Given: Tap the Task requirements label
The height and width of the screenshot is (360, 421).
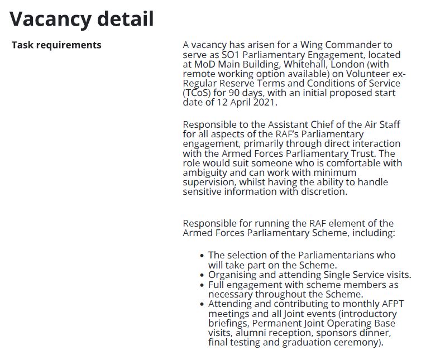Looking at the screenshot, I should pyautogui.click(x=56, y=45).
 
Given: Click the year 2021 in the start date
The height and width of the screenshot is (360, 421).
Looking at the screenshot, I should pyautogui.click(x=265, y=103).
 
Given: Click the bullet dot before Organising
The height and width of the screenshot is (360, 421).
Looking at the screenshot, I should pyautogui.click(x=202, y=275).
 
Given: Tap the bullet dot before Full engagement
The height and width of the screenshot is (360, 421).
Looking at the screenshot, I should pyautogui.click(x=202, y=285).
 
